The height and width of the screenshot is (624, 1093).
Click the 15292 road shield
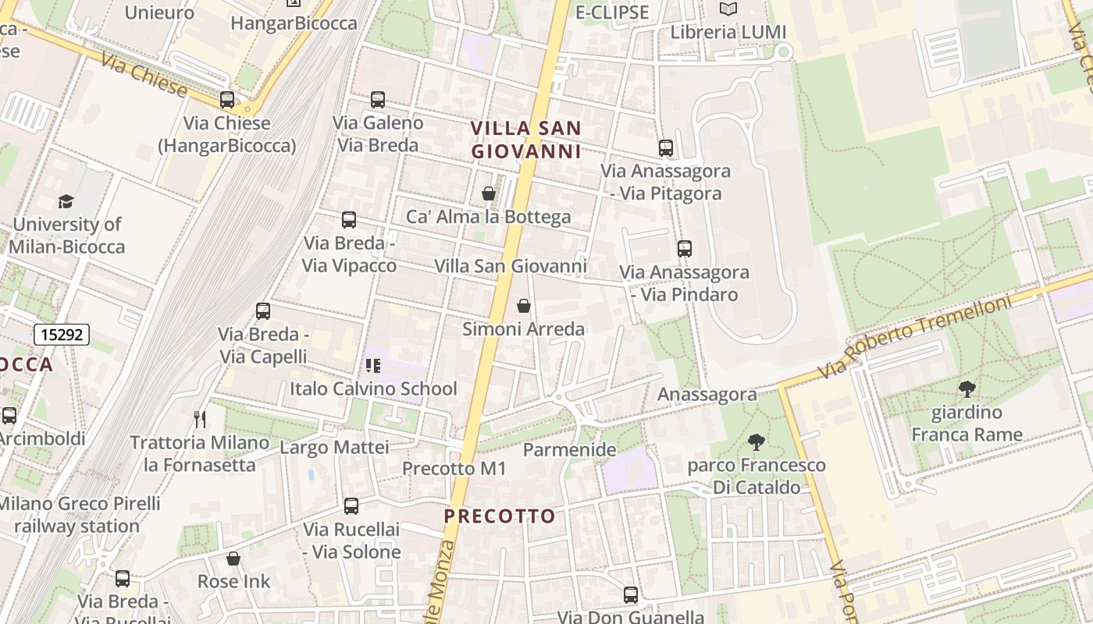pyautogui.click(x=62, y=335)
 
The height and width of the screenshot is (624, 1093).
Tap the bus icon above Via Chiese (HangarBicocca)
pyautogui.click(x=227, y=100)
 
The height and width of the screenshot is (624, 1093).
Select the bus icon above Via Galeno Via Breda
pyautogui.click(x=378, y=100)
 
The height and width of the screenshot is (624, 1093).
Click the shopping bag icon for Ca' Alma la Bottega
pyautogui.click(x=489, y=193)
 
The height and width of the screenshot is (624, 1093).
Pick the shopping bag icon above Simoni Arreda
pyautogui.click(x=524, y=306)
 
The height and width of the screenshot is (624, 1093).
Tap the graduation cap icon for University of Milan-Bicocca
pyautogui.click(x=66, y=201)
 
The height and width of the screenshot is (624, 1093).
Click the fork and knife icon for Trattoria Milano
pyautogui.click(x=200, y=420)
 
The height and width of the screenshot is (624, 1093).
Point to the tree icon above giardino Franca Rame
pyautogui.click(x=967, y=388)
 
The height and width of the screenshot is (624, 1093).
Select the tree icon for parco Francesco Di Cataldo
pyautogui.click(x=756, y=442)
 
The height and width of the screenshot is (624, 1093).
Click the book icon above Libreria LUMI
pyautogui.click(x=728, y=9)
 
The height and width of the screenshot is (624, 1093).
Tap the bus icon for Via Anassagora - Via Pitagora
pyautogui.click(x=666, y=147)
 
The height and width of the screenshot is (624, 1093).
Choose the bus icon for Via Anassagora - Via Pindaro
pyautogui.click(x=685, y=249)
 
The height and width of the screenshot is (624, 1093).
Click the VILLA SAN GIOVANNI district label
pyautogui.click(x=526, y=140)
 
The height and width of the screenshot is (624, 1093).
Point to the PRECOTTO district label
pyautogui.click(x=500, y=516)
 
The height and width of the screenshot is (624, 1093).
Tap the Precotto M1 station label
pyautogui.click(x=454, y=469)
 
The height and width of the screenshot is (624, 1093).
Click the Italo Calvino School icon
pyautogui.click(x=373, y=365)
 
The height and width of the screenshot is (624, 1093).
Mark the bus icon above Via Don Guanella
pyautogui.click(x=631, y=594)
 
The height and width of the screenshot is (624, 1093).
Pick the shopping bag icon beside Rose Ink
pyautogui.click(x=233, y=558)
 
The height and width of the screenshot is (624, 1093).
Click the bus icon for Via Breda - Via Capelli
pyautogui.click(x=263, y=311)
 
